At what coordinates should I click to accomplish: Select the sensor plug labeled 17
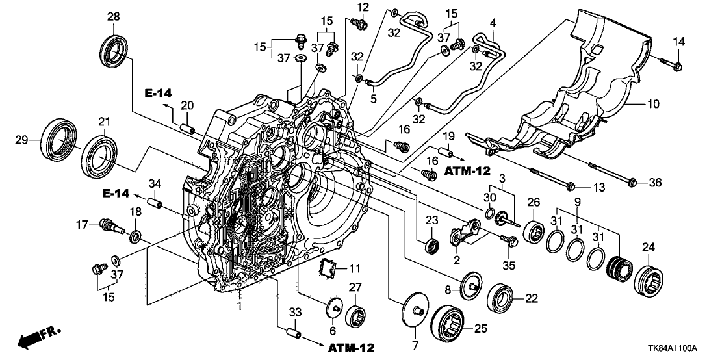[107, 227]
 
